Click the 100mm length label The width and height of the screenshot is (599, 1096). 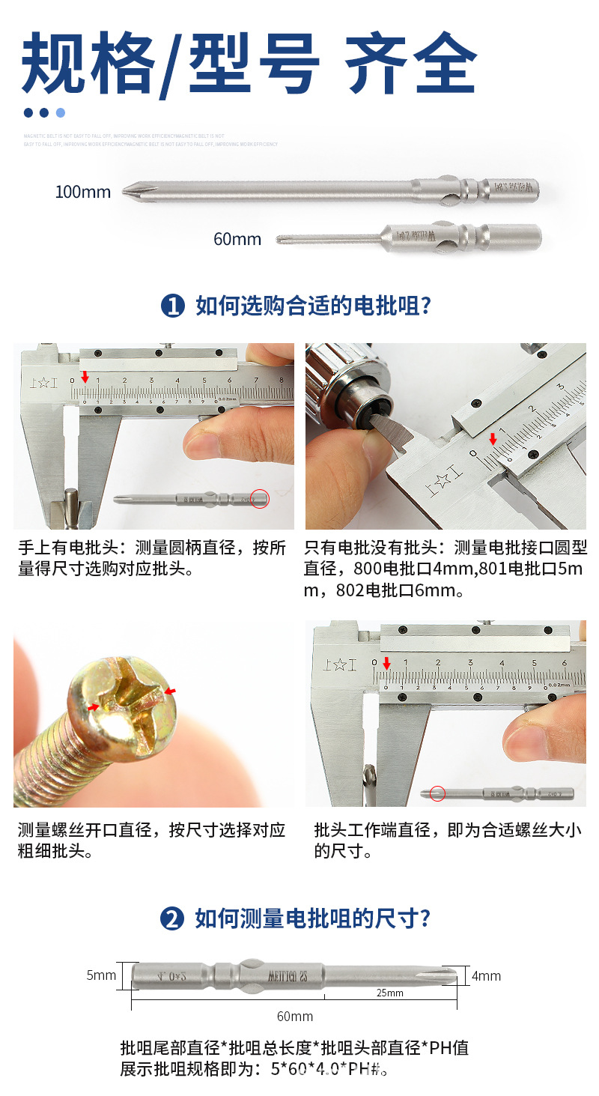coord(82,192)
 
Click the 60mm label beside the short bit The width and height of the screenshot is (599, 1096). coord(237,239)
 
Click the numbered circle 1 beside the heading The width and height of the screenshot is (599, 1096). coord(173,306)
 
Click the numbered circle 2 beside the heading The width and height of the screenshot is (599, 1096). coord(172,919)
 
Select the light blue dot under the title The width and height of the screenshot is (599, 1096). coord(61,113)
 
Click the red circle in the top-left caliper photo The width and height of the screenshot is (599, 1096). coord(260,499)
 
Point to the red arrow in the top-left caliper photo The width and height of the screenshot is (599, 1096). coord(85,377)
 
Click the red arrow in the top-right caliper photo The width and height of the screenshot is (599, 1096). coord(493,439)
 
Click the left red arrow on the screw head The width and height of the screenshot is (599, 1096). coord(94,706)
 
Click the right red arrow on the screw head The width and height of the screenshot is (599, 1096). coord(171,691)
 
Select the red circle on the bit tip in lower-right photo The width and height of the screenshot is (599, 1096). coord(437,793)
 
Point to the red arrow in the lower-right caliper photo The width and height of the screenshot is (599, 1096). coord(386,664)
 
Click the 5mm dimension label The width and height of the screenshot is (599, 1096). coord(101,975)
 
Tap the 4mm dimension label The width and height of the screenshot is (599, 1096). coord(486,976)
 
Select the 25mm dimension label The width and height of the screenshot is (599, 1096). coord(389,993)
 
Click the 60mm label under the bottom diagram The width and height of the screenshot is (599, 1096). coord(295,1017)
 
